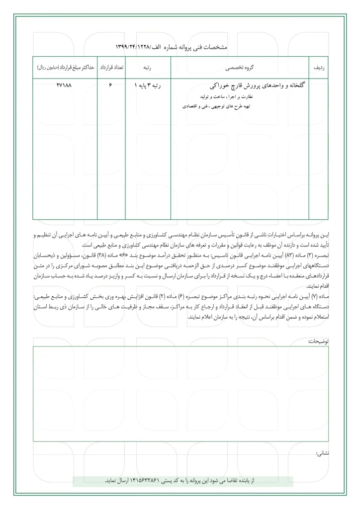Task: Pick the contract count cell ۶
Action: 110,85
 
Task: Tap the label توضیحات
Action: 318,341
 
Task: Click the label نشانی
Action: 321,453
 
